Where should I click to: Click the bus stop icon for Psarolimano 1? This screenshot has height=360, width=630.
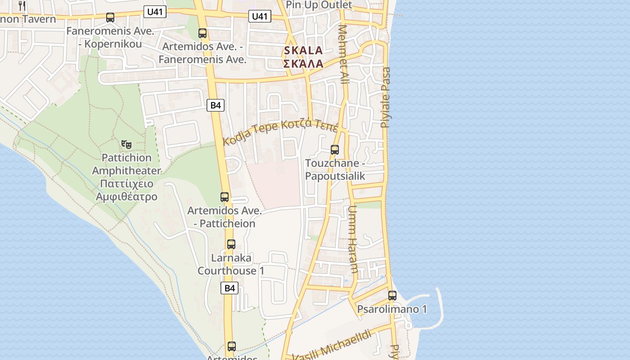tap(392, 296)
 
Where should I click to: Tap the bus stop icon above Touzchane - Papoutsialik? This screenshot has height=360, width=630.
tap(335, 150)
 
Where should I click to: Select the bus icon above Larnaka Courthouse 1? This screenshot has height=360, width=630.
tap(231, 244)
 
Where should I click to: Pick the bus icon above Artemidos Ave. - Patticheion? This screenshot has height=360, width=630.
tap(225, 197)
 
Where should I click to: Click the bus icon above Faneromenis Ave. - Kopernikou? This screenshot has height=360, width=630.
tap(110, 18)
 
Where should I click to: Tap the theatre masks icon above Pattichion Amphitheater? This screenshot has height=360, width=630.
tap(126, 144)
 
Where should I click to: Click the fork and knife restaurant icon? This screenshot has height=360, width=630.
tap(22, 5)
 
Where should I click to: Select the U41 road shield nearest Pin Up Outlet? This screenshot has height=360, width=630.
tap(260, 17)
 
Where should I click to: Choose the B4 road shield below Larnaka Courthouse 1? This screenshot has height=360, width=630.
tap(229, 288)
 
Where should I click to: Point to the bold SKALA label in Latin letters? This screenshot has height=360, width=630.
tap(303, 50)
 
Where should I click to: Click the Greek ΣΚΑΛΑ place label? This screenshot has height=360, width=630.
tap(303, 63)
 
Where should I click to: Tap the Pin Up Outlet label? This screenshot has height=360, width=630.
tap(319, 5)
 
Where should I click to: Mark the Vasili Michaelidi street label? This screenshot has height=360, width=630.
tap(333, 346)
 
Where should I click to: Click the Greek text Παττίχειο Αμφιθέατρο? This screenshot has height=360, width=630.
tap(126, 190)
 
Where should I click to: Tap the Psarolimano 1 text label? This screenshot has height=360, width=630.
tap(392, 309)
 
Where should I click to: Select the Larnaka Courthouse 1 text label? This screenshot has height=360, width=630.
tap(231, 264)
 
